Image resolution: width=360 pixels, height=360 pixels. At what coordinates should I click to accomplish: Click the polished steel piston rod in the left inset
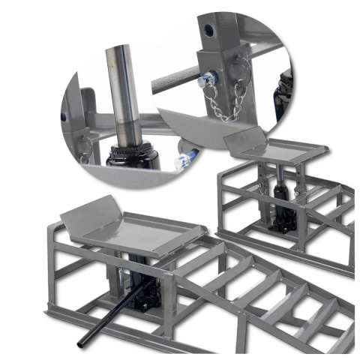click(122, 90)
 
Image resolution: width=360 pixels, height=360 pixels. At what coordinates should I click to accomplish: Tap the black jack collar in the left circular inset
click(133, 153)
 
